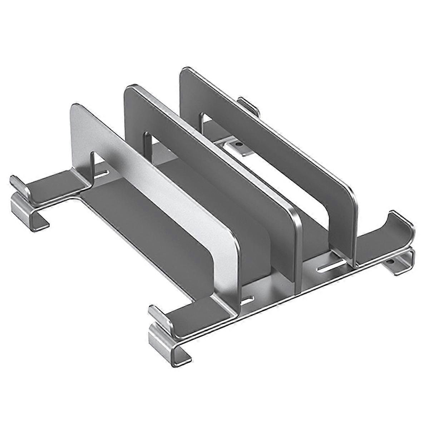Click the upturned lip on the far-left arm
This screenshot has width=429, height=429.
[18, 184]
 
